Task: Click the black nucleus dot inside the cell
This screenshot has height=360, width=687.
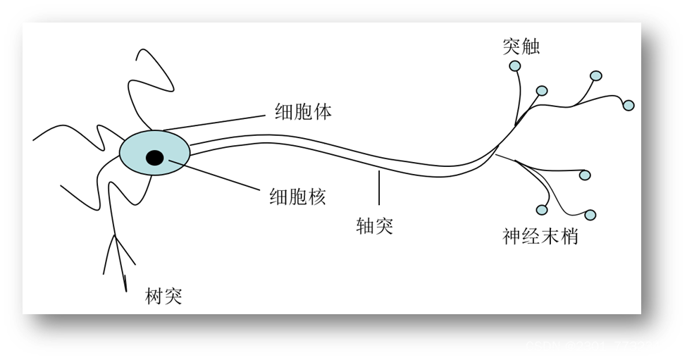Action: point(155,158)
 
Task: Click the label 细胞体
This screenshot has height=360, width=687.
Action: point(302,111)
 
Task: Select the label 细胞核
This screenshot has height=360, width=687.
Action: point(297,197)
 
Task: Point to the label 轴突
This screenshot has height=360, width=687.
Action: point(375,226)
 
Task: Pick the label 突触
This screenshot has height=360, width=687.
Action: point(521,46)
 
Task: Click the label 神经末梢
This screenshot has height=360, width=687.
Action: point(540,236)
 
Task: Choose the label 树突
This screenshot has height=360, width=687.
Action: point(163,296)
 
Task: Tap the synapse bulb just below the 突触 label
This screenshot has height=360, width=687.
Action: point(515,66)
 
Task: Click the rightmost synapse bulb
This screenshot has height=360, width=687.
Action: point(629,105)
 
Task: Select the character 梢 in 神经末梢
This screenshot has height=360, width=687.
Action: point(569,236)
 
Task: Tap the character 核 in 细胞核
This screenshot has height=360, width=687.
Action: point(316,197)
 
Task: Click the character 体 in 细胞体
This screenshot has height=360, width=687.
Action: point(322,111)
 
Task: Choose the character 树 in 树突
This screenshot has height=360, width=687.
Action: point(154,296)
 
